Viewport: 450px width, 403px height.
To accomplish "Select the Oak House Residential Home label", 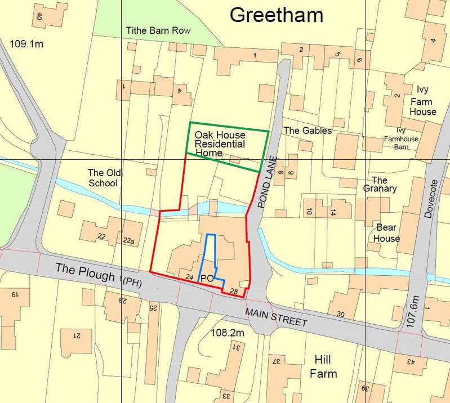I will coord(220,144).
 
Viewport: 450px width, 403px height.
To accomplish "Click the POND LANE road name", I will coord(269,182).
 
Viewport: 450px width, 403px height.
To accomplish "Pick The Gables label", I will coord(307,131).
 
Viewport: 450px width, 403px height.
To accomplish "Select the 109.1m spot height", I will coord(26,42).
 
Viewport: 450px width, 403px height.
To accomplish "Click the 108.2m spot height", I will coord(227,333).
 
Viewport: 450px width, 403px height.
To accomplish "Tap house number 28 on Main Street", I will coord(234,290).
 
